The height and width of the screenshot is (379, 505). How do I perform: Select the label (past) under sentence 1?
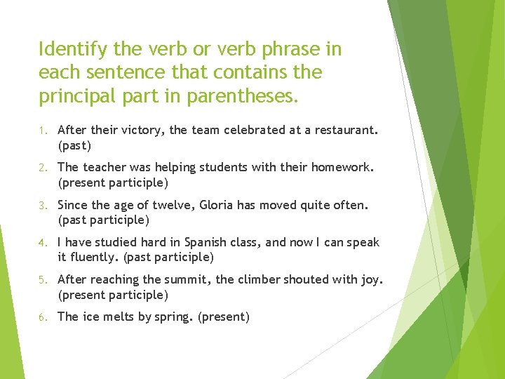[x=75, y=146]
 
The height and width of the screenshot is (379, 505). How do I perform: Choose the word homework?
[x=342, y=167]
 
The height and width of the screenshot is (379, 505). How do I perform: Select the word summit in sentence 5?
[x=189, y=279]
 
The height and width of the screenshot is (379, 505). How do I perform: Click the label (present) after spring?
[x=224, y=317]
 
